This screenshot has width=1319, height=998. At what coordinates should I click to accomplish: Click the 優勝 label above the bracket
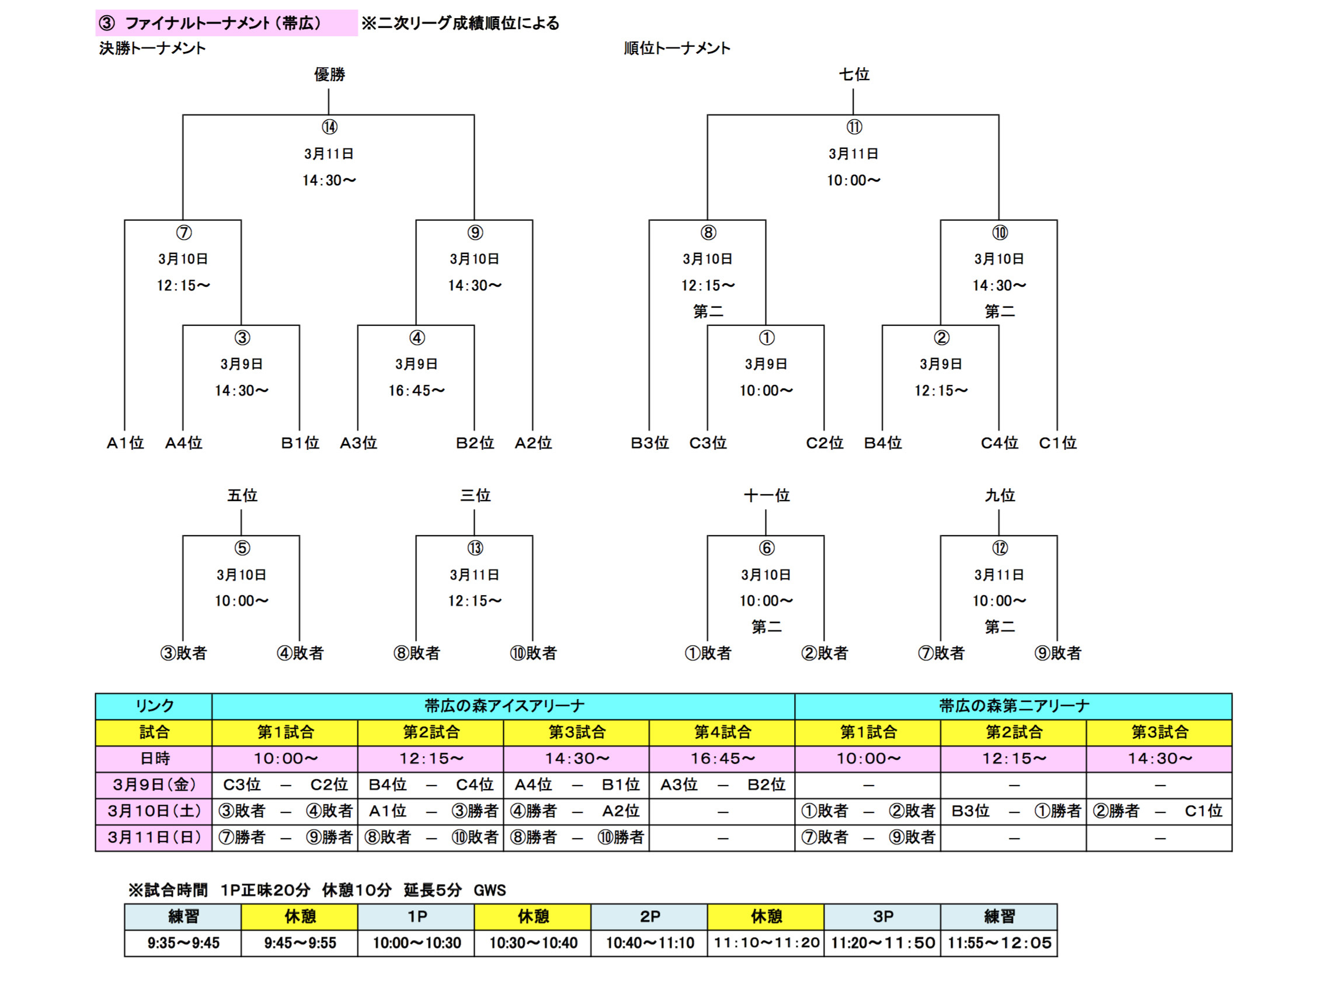[329, 75]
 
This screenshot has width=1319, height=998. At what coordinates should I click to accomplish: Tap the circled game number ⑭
[329, 127]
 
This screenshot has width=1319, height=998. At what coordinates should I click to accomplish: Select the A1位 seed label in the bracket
[125, 443]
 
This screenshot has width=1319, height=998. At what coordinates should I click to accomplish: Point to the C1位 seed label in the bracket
[1057, 443]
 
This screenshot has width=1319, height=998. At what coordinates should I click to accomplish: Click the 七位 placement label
[853, 75]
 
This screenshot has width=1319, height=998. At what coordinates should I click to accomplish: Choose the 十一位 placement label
[766, 495]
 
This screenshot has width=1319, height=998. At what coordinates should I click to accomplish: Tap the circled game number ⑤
[242, 548]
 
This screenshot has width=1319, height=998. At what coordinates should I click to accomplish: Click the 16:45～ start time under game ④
[416, 391]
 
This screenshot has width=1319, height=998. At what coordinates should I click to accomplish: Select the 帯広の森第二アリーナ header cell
[1013, 706]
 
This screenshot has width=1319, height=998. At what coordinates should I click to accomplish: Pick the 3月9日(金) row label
[154, 784]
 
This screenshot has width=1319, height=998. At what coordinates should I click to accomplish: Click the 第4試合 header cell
[722, 732]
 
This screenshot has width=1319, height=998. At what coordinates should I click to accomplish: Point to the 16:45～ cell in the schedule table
[722, 758]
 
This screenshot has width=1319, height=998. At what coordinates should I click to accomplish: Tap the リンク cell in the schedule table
[154, 706]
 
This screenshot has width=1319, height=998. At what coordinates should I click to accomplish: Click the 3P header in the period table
[882, 916]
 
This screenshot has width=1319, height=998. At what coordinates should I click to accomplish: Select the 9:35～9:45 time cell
[183, 943]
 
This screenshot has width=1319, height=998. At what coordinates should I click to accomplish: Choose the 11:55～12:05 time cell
[999, 943]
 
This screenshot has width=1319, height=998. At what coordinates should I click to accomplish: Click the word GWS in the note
[489, 890]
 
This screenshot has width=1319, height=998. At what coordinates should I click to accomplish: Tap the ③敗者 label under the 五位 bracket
[183, 653]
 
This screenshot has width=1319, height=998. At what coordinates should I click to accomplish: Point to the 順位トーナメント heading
[677, 48]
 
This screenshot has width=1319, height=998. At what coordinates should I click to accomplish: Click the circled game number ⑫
[1000, 548]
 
